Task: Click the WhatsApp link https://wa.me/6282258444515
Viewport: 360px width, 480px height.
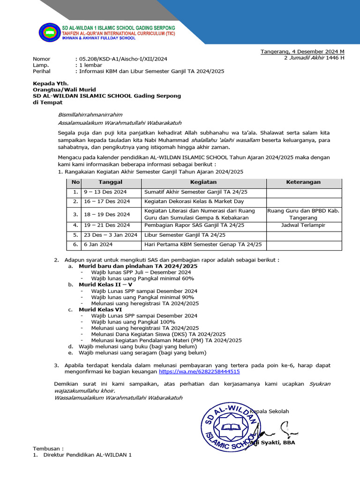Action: tap(199, 371)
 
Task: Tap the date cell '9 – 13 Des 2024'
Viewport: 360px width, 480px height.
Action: tap(105, 192)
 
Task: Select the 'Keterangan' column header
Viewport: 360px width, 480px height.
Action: tap(303, 182)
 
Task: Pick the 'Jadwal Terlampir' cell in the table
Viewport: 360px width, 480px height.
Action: tap(303, 225)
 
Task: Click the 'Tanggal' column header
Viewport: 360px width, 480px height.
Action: tap(110, 182)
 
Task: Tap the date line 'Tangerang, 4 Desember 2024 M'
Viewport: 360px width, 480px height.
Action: tap(302, 52)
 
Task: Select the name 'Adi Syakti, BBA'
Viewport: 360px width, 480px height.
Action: tap(273, 442)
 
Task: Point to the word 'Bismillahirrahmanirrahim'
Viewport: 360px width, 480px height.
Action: tap(90, 114)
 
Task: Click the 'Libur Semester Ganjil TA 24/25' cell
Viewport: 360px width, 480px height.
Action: tap(185, 235)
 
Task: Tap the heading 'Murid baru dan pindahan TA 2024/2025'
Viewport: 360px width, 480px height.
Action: tap(138, 266)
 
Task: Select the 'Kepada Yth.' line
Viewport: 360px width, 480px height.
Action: tap(47, 83)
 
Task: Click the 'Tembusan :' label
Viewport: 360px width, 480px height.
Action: tap(48, 448)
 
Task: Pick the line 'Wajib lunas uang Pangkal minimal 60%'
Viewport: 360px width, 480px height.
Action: tap(142, 278)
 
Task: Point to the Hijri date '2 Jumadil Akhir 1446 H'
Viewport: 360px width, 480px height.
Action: tap(314, 58)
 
